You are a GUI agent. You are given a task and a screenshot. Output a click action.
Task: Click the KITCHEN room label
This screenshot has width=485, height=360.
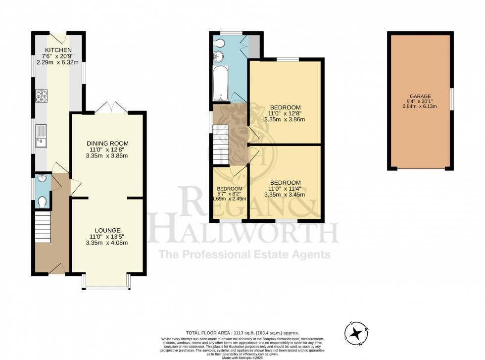(59, 50)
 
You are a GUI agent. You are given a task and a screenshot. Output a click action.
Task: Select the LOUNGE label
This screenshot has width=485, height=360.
(107, 230)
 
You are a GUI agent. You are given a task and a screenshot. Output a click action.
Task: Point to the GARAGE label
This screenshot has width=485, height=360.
(420, 97)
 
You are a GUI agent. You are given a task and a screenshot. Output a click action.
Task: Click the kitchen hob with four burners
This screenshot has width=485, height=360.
(42, 95)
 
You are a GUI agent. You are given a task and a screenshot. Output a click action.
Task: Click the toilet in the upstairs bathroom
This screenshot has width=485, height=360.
(219, 44)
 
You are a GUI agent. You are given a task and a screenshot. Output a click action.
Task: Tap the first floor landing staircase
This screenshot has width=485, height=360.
(221, 145)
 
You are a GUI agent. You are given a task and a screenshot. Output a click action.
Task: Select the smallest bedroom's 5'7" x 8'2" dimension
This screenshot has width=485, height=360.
(230, 194)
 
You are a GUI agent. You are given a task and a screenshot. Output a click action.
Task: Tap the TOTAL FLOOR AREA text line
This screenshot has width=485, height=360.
(242, 333)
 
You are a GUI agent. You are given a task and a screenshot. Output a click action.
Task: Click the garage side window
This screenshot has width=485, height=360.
(451, 99)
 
